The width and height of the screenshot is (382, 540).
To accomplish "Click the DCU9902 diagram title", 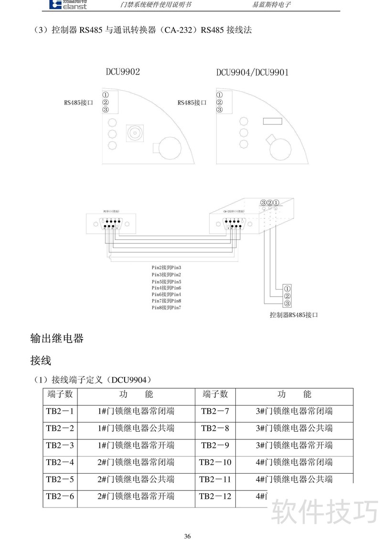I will tap(123, 72).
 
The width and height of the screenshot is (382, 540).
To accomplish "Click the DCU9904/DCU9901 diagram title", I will tap(252, 73).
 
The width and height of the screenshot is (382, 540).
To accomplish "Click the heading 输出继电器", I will tap(57, 339).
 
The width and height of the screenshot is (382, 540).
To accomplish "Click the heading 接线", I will tap(41, 361).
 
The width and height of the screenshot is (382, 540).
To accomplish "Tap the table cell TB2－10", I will tap(215, 462).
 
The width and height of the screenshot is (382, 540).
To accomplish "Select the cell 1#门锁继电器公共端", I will tap(136, 428).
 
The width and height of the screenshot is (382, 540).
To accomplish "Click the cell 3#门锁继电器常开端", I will tap(294, 446).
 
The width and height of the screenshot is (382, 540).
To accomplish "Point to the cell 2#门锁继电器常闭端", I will tap(136, 462).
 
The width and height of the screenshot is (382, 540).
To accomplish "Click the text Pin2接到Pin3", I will tap(166, 268).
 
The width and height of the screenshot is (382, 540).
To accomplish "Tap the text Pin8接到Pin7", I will tap(166, 308).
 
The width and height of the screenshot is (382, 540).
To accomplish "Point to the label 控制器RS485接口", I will tap(294, 315).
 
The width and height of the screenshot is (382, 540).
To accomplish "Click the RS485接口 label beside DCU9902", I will tap(78, 103).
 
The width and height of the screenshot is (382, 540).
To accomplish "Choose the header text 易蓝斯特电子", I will tap(271, 5).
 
